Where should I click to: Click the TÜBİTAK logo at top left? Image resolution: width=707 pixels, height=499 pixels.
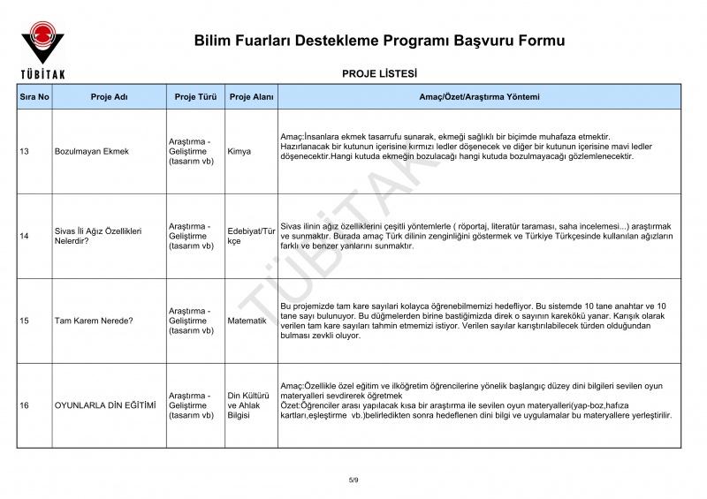coord(42,48)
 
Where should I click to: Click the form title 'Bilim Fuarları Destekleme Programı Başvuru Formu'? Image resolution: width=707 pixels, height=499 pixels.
coord(379,42)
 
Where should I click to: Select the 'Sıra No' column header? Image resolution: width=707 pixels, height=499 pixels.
coord(34,96)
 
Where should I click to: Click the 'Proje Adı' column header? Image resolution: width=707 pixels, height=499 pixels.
coord(110,96)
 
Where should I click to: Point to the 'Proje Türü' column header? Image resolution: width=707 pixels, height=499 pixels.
coord(195,96)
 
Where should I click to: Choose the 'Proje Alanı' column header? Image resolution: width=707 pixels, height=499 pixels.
coord(251,96)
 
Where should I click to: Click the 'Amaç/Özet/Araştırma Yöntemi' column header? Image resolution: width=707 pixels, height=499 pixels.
coord(478,96)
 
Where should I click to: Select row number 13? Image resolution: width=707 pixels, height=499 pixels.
coord(24,151)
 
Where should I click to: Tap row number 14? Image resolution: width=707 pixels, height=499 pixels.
coord(24,236)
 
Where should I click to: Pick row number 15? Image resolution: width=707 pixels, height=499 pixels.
coord(24,321)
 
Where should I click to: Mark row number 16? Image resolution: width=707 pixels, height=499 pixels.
coord(24,405)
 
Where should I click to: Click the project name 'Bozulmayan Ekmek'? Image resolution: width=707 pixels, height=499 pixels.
coord(91,151)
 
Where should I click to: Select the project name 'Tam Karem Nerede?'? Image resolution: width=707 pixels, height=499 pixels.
coord(94,321)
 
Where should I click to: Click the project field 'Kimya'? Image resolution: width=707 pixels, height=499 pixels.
coord(239,151)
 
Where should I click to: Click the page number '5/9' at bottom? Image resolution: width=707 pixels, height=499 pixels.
coord(353,480)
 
